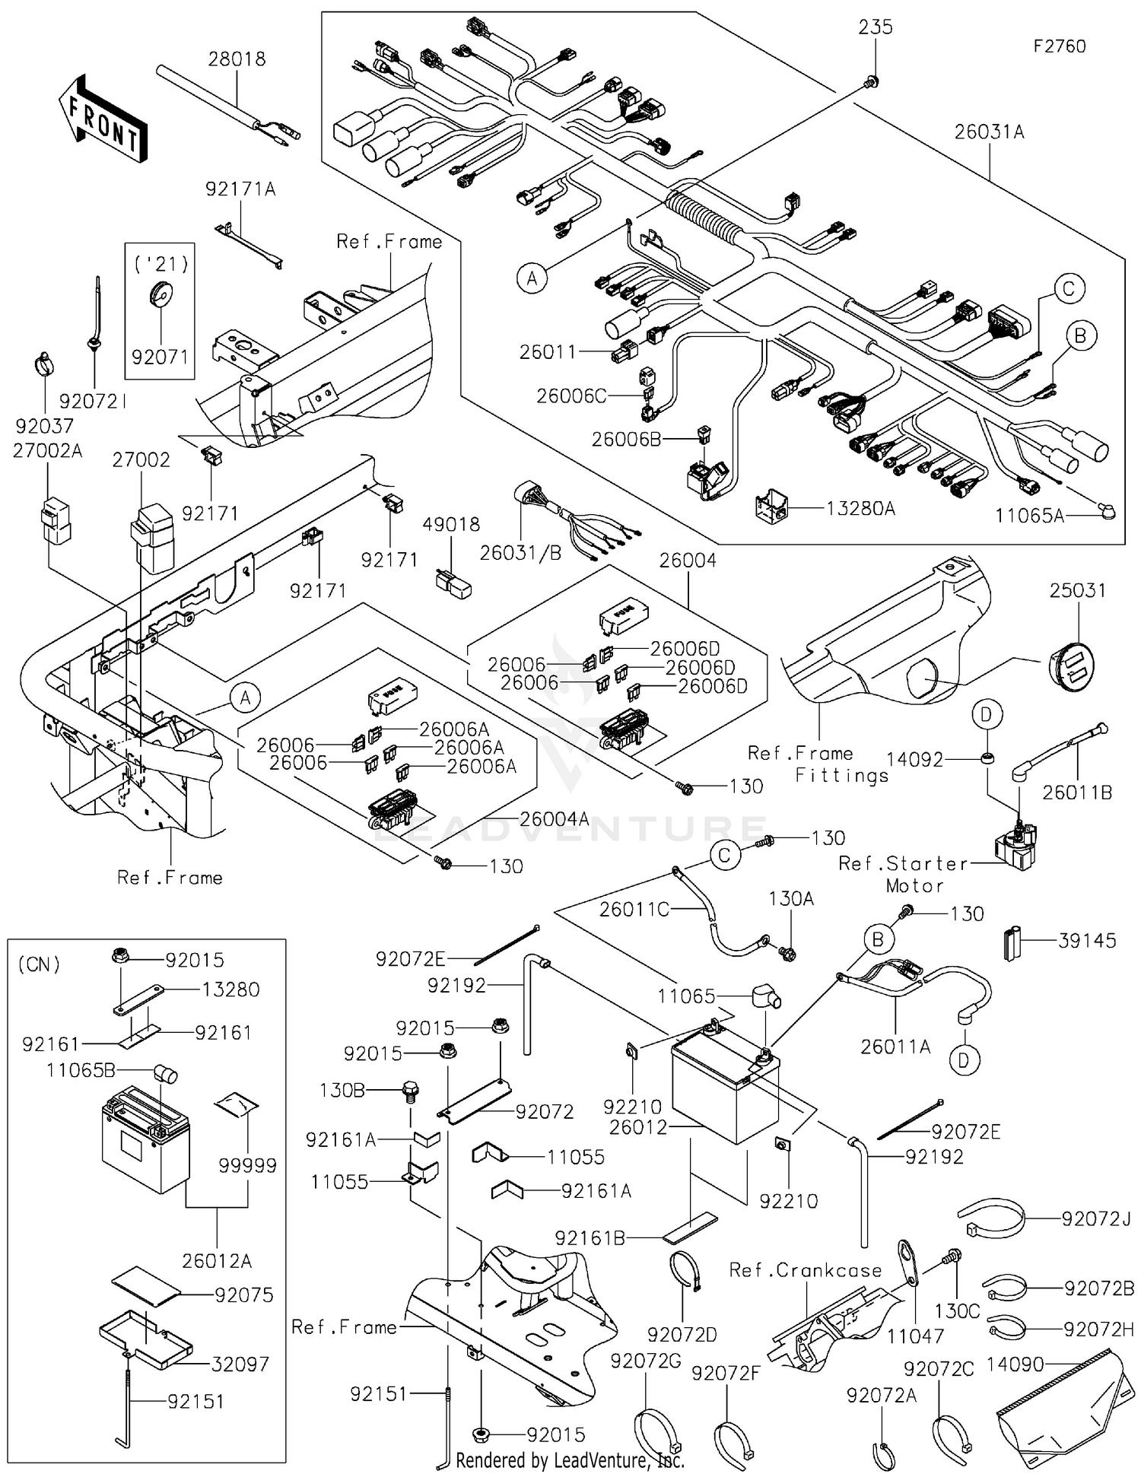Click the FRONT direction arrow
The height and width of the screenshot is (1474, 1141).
click(x=103, y=118)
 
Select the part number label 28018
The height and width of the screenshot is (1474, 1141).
click(x=237, y=59)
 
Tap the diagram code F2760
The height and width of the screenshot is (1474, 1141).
click(x=1059, y=46)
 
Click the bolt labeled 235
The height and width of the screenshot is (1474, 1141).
click(x=873, y=81)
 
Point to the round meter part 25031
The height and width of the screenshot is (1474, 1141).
click(x=1075, y=666)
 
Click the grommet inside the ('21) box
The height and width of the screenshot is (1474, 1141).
click(x=161, y=295)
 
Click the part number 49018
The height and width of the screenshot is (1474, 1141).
click(x=452, y=524)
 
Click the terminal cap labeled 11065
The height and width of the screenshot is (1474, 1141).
click(x=764, y=996)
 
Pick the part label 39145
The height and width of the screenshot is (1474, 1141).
click(x=1087, y=940)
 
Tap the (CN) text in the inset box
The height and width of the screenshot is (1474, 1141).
click(x=40, y=964)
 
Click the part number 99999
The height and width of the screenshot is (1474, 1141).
click(x=247, y=1165)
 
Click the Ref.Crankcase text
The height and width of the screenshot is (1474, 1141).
click(x=805, y=1269)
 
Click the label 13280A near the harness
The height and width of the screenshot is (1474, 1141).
click(x=860, y=508)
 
